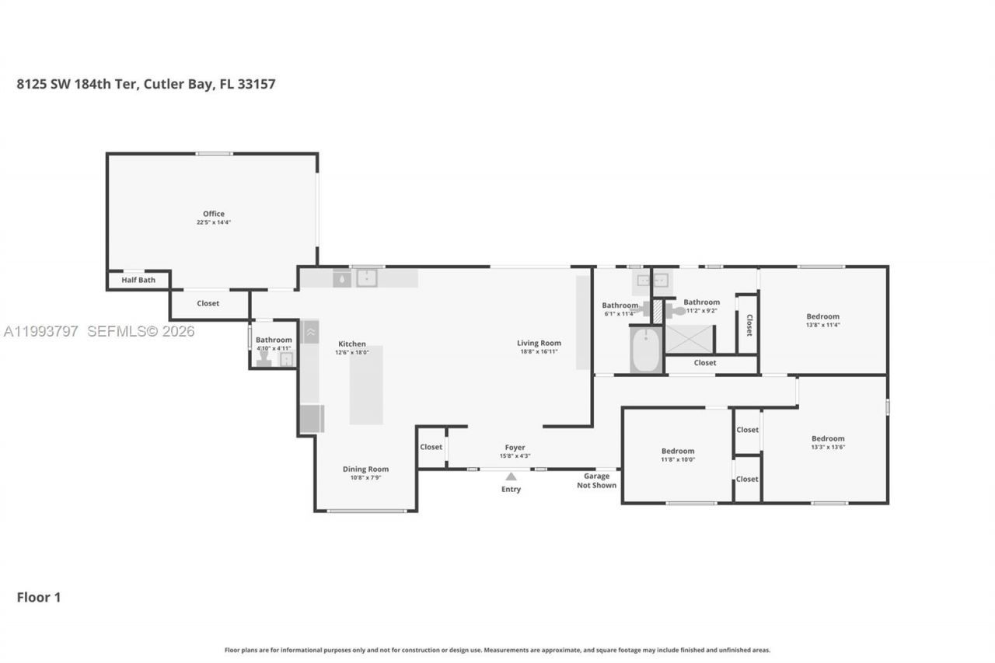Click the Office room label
214,214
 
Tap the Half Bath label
138,280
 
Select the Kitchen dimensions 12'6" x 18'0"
351,352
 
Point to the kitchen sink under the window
366,278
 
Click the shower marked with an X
690,339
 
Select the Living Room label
539,343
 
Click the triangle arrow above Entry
511,476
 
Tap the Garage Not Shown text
596,480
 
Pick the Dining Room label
365,469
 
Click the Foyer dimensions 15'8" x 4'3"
515,455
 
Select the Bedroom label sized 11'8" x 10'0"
678,451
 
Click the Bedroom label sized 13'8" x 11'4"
822,316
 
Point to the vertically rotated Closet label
749,325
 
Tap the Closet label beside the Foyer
431,447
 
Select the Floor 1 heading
39,597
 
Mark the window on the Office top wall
214,154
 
